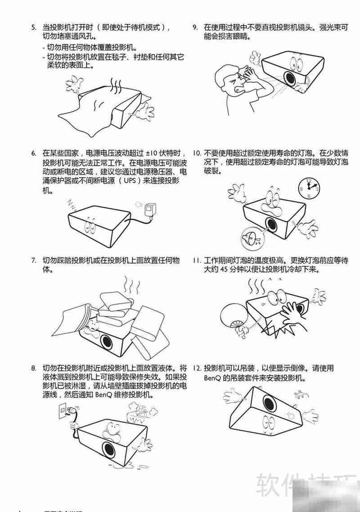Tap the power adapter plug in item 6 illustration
[148, 210]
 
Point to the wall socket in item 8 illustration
[63, 412]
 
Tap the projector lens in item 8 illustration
[108, 448]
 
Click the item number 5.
[34, 27]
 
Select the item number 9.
[195, 27]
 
